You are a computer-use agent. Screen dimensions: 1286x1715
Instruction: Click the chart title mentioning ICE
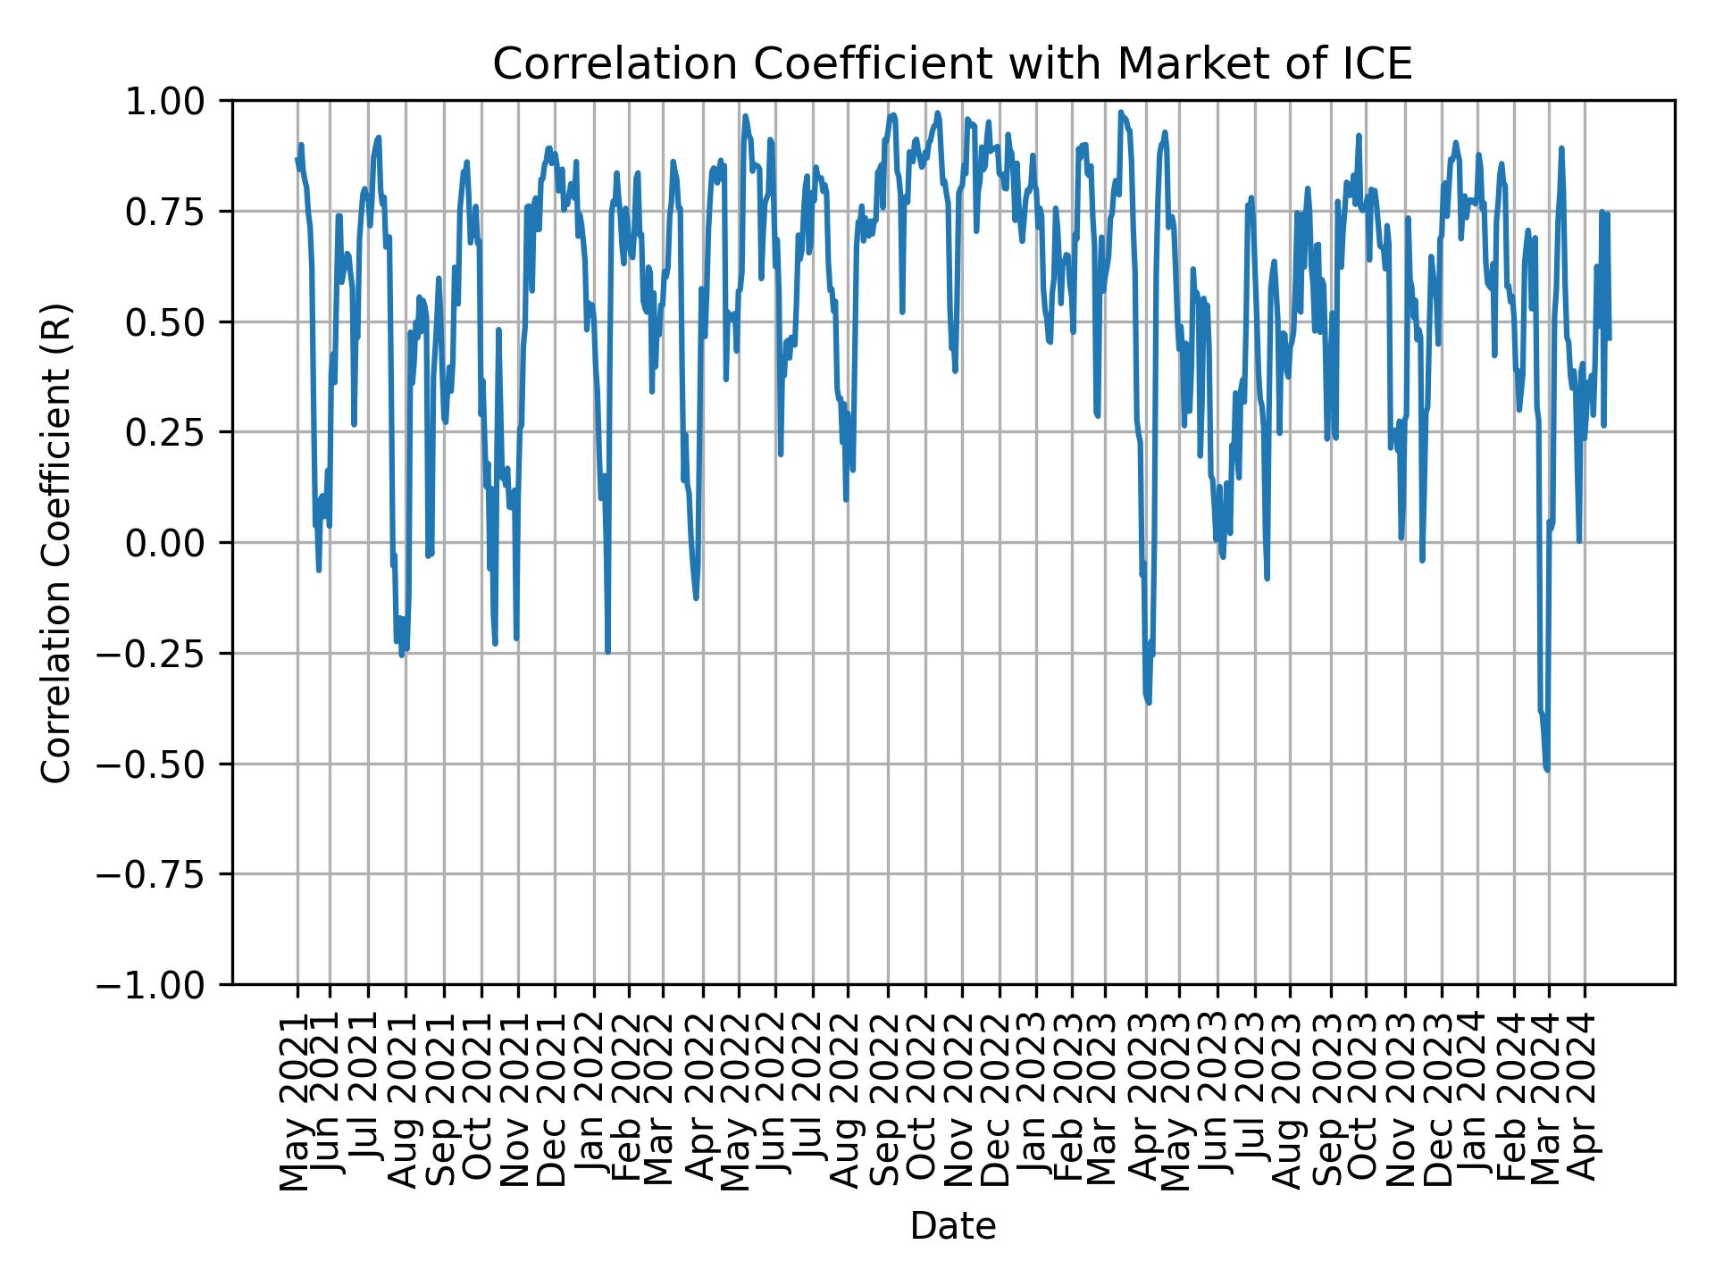(x=952, y=64)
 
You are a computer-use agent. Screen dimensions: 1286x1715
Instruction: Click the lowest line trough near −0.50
(x=1546, y=768)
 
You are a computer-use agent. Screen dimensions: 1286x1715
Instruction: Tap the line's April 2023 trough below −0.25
(x=1149, y=702)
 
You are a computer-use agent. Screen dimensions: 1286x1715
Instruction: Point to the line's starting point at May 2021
(x=297, y=159)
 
